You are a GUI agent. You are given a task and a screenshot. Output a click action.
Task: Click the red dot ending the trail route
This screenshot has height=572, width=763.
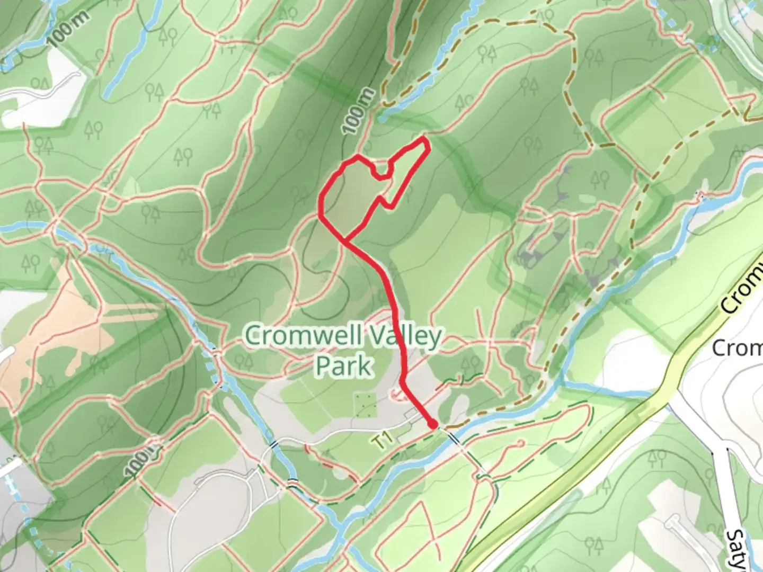tap(433, 424)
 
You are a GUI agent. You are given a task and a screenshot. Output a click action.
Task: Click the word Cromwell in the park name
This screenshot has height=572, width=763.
tap(297, 336)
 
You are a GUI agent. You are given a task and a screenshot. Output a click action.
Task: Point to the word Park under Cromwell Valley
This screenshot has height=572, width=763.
tap(344, 365)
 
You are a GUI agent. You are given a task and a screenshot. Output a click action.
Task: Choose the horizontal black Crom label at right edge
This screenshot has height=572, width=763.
tap(737, 348)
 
